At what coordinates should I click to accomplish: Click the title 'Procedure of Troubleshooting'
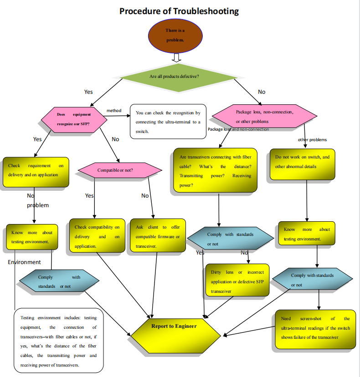point(179,11)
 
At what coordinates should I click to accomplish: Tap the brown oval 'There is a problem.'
point(175,35)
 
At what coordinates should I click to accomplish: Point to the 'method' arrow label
point(114,111)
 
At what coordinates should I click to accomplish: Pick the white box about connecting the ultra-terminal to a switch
point(168,121)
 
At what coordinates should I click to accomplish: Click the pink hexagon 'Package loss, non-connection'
point(265,117)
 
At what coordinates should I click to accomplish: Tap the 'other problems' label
point(312,140)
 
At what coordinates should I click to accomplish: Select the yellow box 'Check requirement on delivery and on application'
point(36,172)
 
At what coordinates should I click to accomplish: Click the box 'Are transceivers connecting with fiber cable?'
point(215,171)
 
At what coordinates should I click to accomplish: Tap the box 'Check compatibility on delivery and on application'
point(97,236)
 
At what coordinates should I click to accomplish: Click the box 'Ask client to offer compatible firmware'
point(157,236)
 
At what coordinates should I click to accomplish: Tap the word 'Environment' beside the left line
point(24,262)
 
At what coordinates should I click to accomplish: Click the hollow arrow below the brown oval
point(176,57)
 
